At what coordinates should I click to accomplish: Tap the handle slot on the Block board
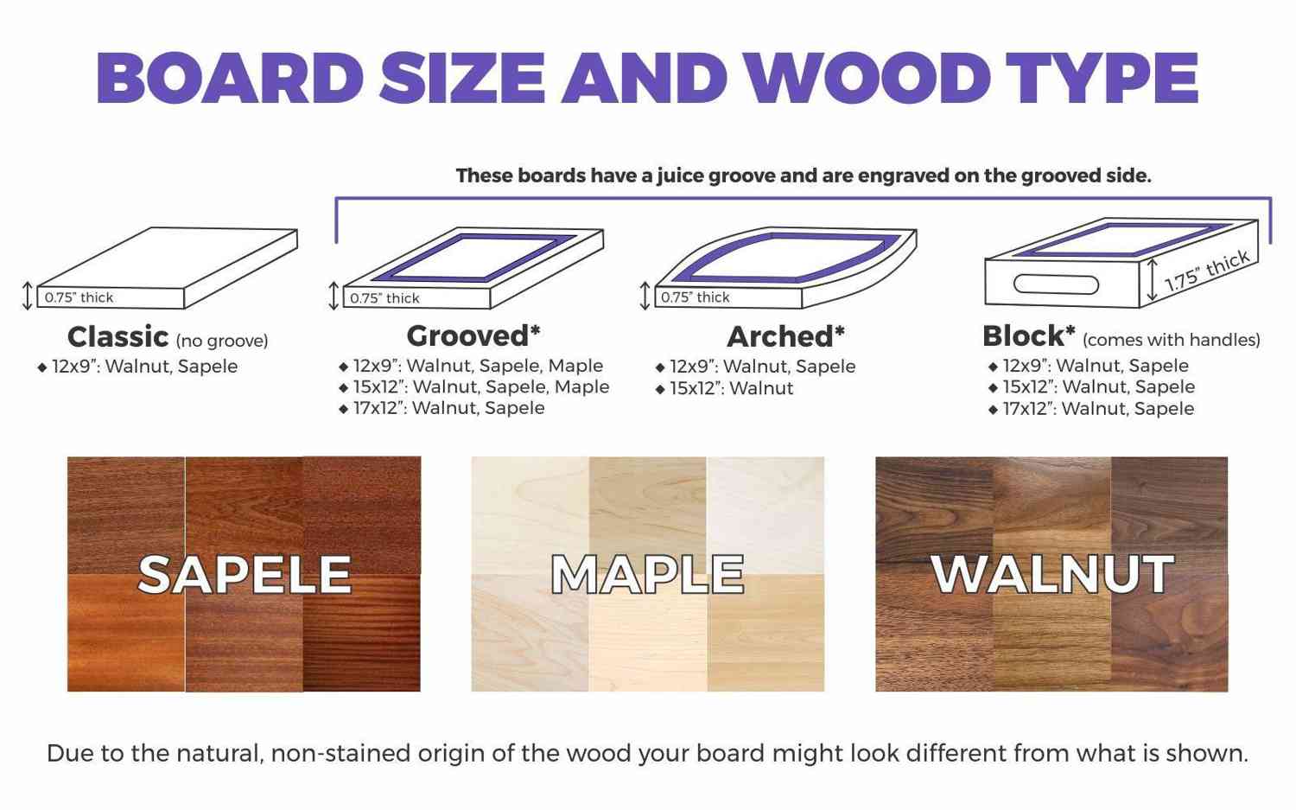pyautogui.click(x=1055, y=284)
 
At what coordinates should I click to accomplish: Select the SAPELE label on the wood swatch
pyautogui.click(x=245, y=574)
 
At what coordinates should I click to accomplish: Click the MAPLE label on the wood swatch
pyautogui.click(x=647, y=574)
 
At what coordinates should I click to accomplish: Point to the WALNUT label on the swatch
pyautogui.click(x=1052, y=574)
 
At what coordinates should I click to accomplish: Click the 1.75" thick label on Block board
pyautogui.click(x=1207, y=271)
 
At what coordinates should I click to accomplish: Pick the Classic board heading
pyautogui.click(x=118, y=336)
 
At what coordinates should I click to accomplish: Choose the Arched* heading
pyautogui.click(x=785, y=336)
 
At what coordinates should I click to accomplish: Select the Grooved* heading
pyautogui.click(x=473, y=335)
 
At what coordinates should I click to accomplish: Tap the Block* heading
pyautogui.click(x=1029, y=335)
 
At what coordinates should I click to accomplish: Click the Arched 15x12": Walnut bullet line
pyautogui.click(x=724, y=388)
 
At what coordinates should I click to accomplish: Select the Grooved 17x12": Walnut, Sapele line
pyautogui.click(x=442, y=408)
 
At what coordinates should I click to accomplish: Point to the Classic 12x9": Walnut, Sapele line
pyautogui.click(x=137, y=367)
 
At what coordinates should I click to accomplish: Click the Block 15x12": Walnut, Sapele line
pyautogui.click(x=1092, y=386)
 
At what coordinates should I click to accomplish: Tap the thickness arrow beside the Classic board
pyautogui.click(x=27, y=296)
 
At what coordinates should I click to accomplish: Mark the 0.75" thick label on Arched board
pyautogui.click(x=695, y=297)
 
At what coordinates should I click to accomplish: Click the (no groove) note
pyautogui.click(x=222, y=341)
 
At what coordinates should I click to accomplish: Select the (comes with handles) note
pyautogui.click(x=1171, y=340)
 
